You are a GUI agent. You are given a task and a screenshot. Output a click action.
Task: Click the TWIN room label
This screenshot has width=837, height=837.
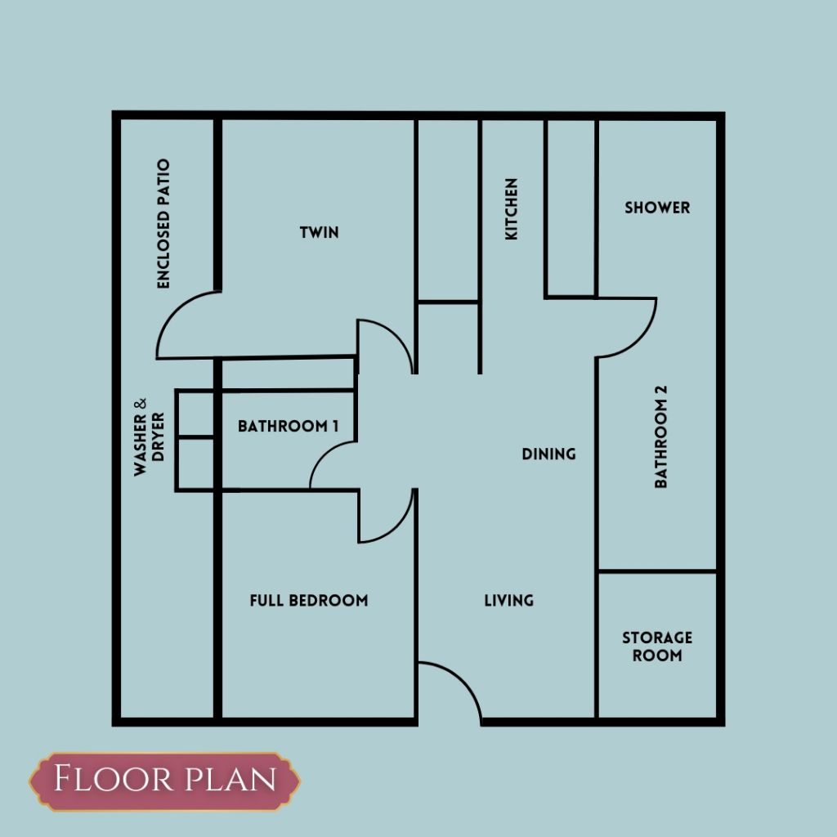(320, 233)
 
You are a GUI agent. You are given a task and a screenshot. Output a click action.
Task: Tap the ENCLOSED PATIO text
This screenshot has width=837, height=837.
(163, 224)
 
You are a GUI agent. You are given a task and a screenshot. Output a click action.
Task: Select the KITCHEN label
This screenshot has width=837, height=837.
(512, 209)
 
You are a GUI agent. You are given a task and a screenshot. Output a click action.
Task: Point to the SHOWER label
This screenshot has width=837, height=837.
(657, 208)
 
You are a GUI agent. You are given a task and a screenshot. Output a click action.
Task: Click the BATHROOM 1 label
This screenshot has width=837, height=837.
(289, 426)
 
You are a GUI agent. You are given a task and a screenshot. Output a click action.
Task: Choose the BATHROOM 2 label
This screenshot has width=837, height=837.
(660, 436)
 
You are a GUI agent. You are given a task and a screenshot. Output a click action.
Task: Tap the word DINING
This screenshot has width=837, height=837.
(548, 454)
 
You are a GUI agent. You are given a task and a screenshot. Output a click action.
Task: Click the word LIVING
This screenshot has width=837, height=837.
(508, 601)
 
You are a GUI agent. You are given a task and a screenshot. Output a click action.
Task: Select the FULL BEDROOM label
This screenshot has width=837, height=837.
(309, 601)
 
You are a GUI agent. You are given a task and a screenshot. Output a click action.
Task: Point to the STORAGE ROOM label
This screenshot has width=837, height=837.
(657, 647)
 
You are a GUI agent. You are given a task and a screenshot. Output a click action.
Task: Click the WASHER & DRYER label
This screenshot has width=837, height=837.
(149, 436)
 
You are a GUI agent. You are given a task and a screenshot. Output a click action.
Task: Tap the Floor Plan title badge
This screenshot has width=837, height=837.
(165, 781)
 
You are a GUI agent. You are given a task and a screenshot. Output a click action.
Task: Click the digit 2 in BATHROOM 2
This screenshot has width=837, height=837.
(660, 390)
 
